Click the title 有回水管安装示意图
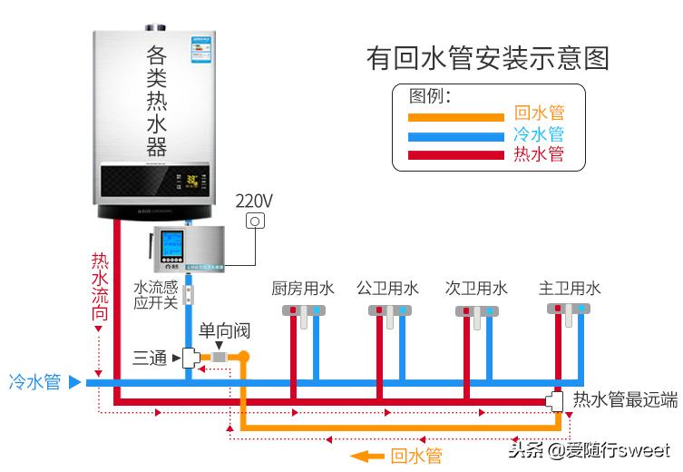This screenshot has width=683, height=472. (487, 58)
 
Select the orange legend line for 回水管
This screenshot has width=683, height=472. (455, 116)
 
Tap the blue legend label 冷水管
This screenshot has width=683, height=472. (539, 134)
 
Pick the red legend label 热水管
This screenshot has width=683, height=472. (539, 154)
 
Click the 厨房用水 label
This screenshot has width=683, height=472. (303, 289)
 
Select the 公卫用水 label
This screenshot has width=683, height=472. (388, 289)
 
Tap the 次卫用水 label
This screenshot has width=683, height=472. (475, 289)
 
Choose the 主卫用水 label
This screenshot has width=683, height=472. (570, 289)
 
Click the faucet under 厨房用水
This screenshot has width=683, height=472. (303, 314)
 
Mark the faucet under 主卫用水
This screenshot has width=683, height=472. (569, 313)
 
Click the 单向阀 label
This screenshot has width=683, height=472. (224, 330)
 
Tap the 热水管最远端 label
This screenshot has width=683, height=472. (626, 399)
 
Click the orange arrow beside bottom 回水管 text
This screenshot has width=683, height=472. (367, 456)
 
